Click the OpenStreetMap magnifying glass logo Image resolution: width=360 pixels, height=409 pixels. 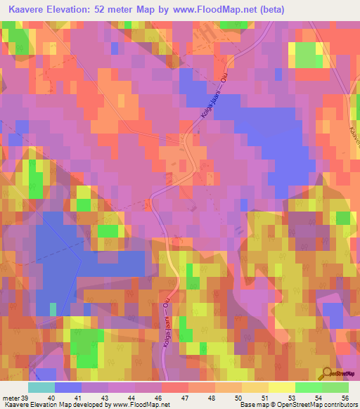pos(326,373)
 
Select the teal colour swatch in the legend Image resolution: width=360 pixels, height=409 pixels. pos(41,387)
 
